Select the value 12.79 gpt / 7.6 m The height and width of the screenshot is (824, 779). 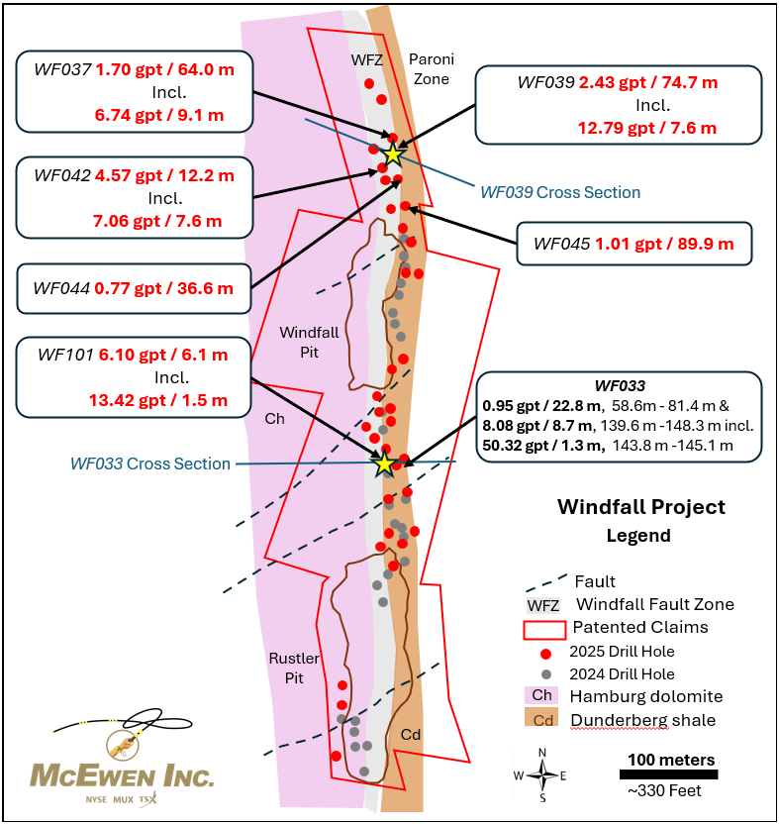[x=646, y=127]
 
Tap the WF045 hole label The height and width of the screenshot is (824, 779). [x=561, y=244]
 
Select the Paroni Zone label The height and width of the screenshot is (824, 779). [x=430, y=69]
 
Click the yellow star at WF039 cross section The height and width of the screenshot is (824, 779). [x=393, y=154]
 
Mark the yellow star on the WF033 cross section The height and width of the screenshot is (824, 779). [x=384, y=463]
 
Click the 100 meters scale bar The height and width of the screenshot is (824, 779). [x=669, y=773]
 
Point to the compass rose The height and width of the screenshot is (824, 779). [x=542, y=775]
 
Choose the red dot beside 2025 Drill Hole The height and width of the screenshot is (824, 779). [x=544, y=652]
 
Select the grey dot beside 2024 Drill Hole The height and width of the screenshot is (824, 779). [x=544, y=673]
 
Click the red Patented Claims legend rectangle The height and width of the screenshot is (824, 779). [x=543, y=629]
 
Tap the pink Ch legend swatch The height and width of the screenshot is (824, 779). [x=543, y=696]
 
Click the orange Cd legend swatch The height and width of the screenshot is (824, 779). [x=543, y=720]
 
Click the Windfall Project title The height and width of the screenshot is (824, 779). [x=640, y=507]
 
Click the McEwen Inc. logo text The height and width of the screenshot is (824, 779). [x=123, y=775]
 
